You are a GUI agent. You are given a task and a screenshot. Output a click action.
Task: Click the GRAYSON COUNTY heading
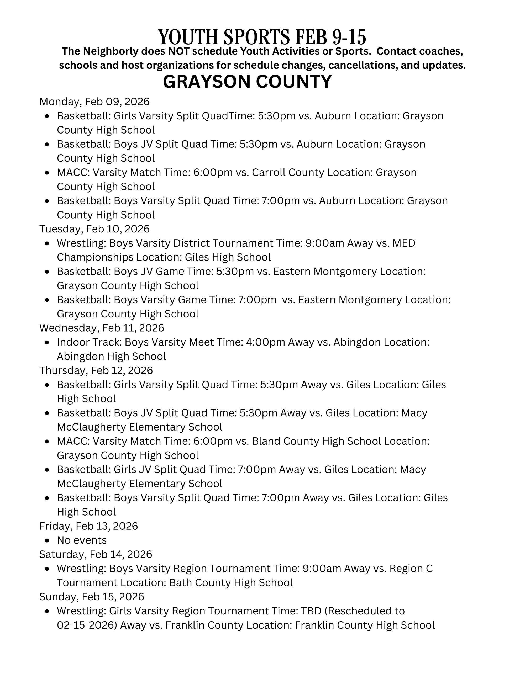(247, 82)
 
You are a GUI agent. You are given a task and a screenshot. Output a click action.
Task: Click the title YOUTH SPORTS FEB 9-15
(262, 37)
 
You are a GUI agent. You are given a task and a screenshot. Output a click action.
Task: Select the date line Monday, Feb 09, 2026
(94, 102)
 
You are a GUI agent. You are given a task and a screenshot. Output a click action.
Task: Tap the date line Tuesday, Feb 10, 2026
(94, 229)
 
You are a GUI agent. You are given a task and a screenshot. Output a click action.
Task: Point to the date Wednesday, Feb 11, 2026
(102, 328)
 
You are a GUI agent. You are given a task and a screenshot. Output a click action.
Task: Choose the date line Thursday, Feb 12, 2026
(96, 370)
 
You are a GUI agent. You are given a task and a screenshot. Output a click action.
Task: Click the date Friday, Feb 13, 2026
(89, 526)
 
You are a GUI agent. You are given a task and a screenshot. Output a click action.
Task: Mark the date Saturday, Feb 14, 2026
(96, 554)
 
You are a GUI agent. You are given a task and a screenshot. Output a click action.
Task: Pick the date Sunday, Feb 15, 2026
(92, 596)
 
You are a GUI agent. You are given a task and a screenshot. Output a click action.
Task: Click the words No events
(82, 540)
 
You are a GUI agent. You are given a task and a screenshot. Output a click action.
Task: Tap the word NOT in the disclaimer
(178, 51)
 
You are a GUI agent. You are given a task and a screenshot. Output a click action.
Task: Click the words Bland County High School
(316, 441)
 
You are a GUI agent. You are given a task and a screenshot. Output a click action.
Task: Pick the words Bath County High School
(231, 582)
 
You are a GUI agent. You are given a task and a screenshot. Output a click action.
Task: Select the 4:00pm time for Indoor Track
(266, 342)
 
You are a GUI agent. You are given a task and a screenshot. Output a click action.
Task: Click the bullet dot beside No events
(47, 540)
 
